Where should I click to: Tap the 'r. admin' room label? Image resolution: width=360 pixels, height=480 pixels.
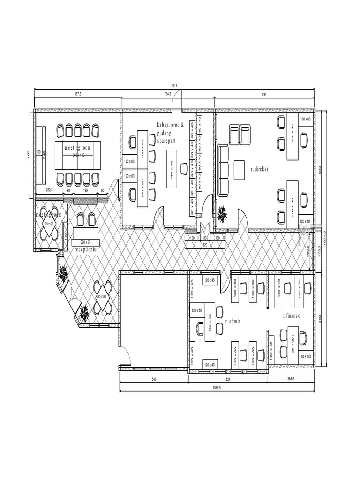pos(232,322)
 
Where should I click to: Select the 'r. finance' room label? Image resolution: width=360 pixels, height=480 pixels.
pos(291,316)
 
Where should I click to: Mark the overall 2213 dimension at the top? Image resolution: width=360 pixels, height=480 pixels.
pos(174,85)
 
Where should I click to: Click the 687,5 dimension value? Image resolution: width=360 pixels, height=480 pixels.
pos(78,94)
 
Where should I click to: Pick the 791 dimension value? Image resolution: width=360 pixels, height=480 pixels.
pos(264,94)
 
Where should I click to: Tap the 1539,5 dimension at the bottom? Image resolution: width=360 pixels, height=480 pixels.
pos(217,388)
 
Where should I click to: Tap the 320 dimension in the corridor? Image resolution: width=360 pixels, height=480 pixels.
pos(204,245)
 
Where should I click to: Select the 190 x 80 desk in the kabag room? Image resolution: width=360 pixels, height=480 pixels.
pos(172,170)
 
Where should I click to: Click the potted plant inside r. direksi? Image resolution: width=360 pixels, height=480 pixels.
pos(223,215)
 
